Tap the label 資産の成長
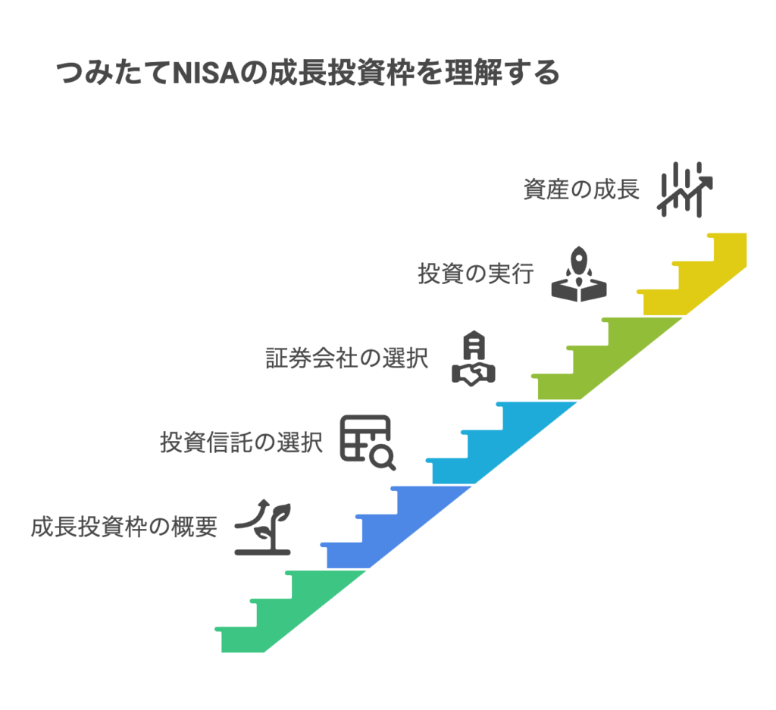(x=581, y=189)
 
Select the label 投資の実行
(x=476, y=273)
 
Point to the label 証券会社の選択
(x=346, y=358)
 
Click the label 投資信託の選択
(x=241, y=442)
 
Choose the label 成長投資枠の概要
(x=124, y=527)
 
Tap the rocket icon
(x=580, y=274)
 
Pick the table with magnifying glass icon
(x=368, y=443)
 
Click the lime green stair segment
(x=599, y=364)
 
